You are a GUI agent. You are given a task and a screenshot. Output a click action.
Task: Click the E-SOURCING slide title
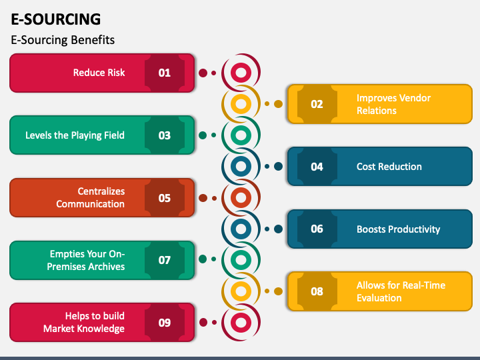point(56,19)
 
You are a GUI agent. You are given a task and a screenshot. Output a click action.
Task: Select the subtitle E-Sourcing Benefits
point(63,40)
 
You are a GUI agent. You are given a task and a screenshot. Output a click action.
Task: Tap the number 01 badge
point(165,73)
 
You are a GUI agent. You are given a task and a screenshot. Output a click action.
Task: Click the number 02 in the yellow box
point(317,104)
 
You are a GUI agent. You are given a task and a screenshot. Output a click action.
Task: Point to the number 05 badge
point(165,198)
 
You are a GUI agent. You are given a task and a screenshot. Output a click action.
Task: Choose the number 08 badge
point(317,291)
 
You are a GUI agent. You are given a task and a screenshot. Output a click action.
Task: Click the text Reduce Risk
point(99,73)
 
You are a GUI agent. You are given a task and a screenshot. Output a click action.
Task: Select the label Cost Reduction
point(389,167)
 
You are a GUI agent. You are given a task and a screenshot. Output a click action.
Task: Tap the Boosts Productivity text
point(398,229)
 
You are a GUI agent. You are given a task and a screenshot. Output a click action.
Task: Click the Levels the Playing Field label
point(75,135)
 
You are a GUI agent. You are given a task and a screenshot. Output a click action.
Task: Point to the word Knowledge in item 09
point(101,329)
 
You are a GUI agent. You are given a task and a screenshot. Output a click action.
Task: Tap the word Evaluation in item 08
point(379,298)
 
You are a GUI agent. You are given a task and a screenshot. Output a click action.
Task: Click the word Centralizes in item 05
point(101,191)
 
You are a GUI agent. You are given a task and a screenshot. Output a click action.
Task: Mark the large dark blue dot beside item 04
point(278,167)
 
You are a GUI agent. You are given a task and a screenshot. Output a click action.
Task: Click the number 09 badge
point(165,323)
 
